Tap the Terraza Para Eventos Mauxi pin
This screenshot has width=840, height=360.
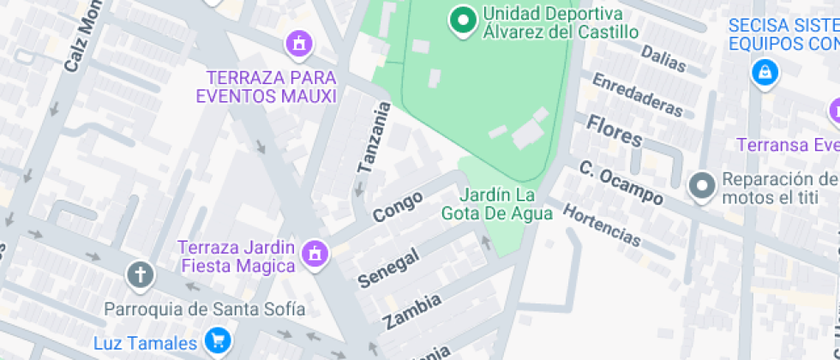(299, 42)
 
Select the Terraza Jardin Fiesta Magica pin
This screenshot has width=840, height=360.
(315, 254)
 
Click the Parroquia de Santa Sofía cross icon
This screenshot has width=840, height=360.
(139, 275)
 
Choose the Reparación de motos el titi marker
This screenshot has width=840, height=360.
(702, 184)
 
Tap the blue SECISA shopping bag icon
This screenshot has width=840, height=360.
(762, 73)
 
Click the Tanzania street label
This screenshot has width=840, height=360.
(375, 138)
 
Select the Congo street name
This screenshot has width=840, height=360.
(398, 207)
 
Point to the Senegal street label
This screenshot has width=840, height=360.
(388, 267)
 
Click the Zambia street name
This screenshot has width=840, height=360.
(412, 310)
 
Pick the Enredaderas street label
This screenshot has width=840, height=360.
(637, 94)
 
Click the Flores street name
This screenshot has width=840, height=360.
(614, 130)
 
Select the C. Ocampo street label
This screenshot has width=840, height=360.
(621, 182)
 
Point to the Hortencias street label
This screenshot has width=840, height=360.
(602, 225)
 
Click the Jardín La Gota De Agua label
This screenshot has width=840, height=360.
(497, 204)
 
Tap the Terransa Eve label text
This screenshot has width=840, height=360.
(788, 144)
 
